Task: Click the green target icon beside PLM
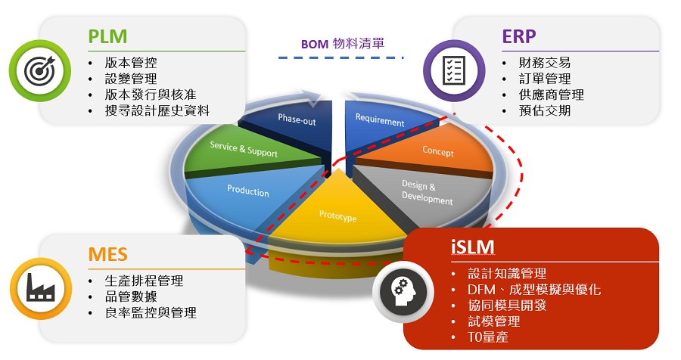click(x=40, y=71)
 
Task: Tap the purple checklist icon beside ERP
click(x=454, y=71)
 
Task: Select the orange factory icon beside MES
click(x=40, y=288)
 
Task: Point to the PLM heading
click(x=107, y=36)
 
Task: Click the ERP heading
click(x=519, y=36)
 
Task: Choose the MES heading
click(x=107, y=254)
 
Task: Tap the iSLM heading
click(x=472, y=247)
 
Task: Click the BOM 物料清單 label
click(x=343, y=43)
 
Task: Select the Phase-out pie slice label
click(x=297, y=119)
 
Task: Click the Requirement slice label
click(x=380, y=119)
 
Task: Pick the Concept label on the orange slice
click(x=438, y=151)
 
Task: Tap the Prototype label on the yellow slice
click(x=338, y=216)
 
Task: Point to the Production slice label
click(x=248, y=191)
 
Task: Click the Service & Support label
click(x=244, y=149)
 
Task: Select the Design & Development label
click(x=427, y=192)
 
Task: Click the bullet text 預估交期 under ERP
click(x=545, y=110)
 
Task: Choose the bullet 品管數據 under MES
click(x=131, y=296)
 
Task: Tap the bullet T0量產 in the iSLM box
click(x=488, y=337)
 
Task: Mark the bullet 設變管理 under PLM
click(x=131, y=79)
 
